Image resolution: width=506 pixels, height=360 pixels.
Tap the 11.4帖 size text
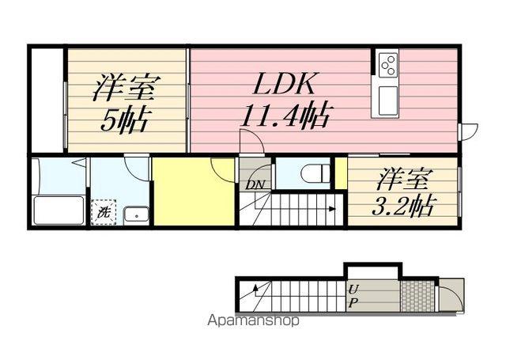[x=284, y=116]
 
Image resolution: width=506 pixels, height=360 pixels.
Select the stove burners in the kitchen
[x=387, y=65]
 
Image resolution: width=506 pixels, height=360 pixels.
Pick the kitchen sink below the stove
[x=387, y=98]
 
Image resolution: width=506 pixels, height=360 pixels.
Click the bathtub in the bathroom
[x=59, y=210]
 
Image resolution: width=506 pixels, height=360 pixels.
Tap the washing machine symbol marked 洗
[x=104, y=213]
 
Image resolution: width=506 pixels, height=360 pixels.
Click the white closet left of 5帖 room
[x=47, y=99]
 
